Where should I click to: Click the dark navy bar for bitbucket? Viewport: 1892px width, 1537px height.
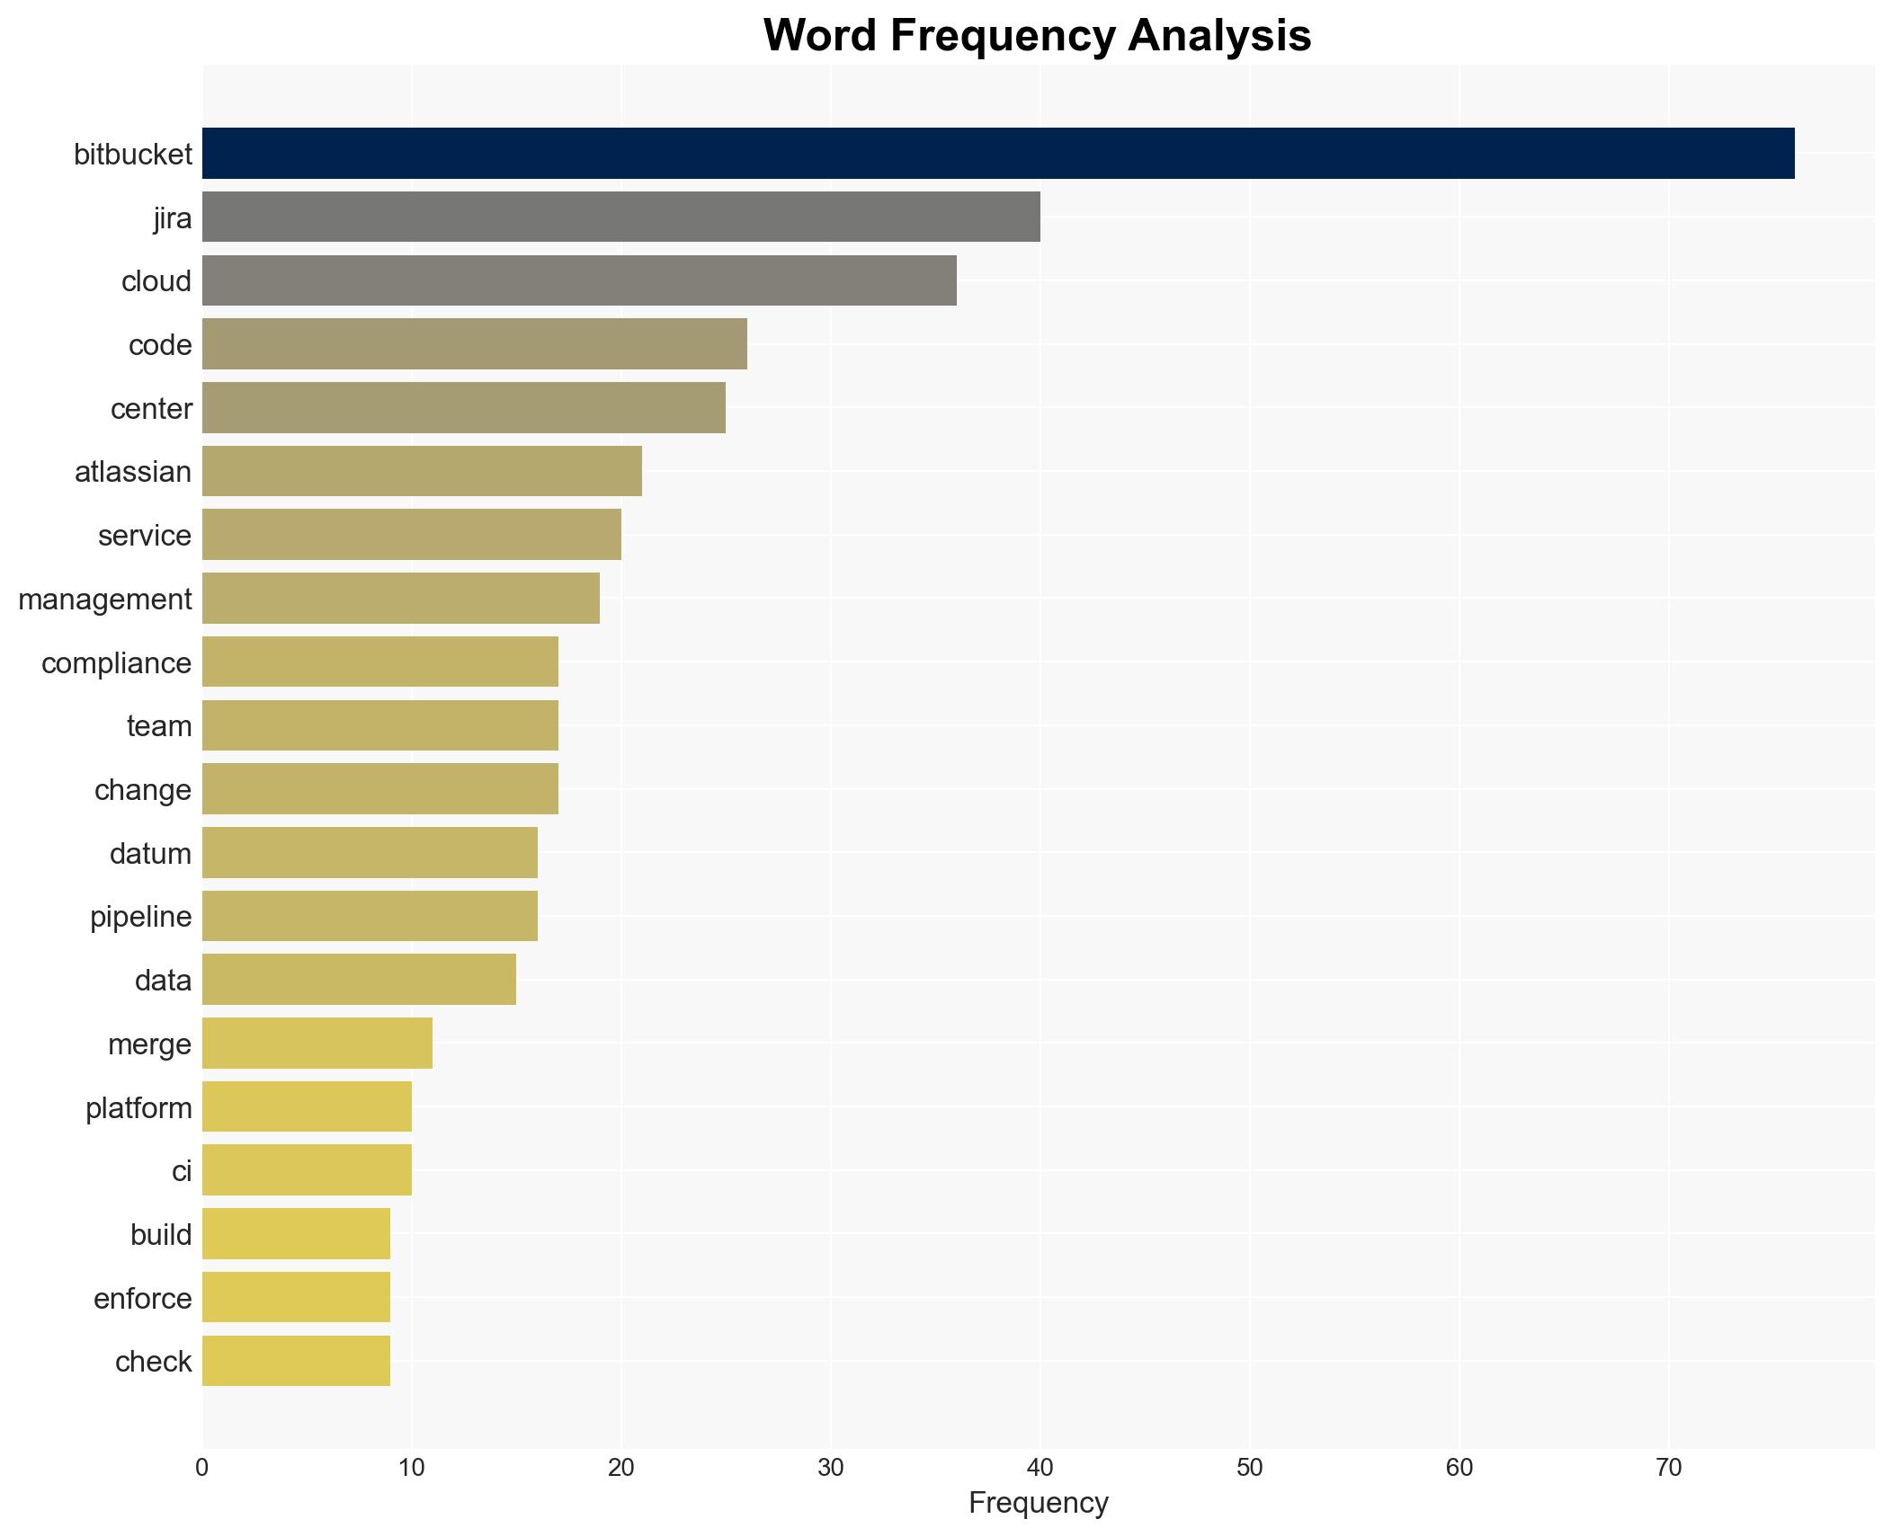(x=997, y=154)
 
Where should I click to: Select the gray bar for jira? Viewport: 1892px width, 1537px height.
(x=620, y=217)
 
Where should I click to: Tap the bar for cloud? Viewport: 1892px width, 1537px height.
(x=579, y=280)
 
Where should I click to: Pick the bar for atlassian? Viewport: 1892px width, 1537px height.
(x=422, y=471)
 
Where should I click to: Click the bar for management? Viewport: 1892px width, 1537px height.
(x=400, y=599)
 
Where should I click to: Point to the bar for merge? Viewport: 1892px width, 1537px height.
(x=317, y=1044)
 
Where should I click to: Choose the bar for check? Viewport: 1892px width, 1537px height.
(x=296, y=1361)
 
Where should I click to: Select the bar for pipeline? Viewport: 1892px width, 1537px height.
(x=370, y=916)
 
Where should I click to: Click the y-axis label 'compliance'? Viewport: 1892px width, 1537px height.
(x=116, y=663)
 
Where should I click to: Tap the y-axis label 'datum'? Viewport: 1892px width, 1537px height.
(x=150, y=854)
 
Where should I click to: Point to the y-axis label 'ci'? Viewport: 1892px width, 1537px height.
(x=182, y=1171)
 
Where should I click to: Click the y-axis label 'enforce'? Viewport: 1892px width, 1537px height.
(x=142, y=1299)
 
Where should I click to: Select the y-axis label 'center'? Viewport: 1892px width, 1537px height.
(x=151, y=409)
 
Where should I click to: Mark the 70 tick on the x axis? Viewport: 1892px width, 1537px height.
(x=1668, y=1469)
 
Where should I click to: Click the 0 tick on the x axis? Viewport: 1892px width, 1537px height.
(x=202, y=1469)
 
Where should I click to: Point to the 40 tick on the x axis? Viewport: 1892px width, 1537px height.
(x=1040, y=1469)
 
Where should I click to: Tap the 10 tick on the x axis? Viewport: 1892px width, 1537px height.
(x=412, y=1469)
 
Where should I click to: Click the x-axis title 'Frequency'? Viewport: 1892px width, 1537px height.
(x=1038, y=1504)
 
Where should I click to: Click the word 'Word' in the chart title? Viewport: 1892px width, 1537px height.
(x=819, y=36)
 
